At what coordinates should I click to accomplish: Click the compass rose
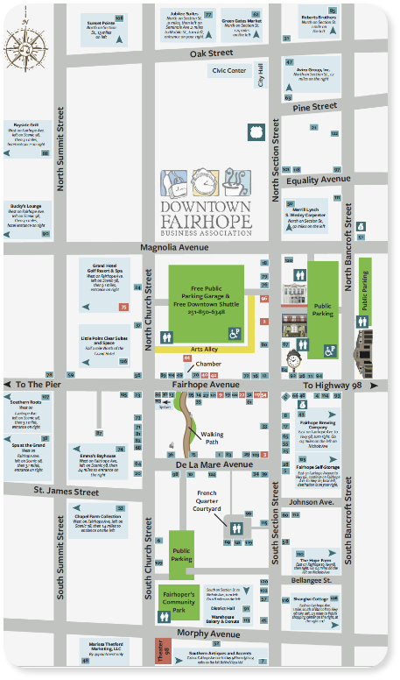pyautogui.click(x=27, y=39)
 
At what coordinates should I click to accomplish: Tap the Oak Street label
pyautogui.click(x=214, y=53)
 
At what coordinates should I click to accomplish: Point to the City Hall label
pyautogui.click(x=260, y=75)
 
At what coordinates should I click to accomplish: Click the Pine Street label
pyautogui.click(x=315, y=107)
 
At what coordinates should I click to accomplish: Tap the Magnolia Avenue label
pyautogui.click(x=179, y=248)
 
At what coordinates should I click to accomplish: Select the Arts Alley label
pyautogui.click(x=205, y=349)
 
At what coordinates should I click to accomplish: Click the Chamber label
pyautogui.click(x=208, y=364)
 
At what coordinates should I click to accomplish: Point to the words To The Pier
pyautogui.click(x=36, y=385)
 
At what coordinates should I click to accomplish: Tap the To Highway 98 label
pyautogui.click(x=333, y=386)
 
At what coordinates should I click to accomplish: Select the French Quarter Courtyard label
pyautogui.click(x=207, y=501)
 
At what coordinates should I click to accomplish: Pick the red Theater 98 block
pyautogui.click(x=160, y=653)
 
